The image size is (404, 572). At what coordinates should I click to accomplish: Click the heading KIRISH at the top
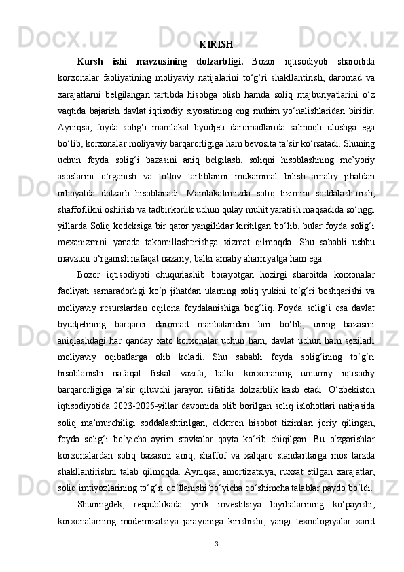(217, 45)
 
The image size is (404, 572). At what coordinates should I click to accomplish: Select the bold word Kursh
(91, 62)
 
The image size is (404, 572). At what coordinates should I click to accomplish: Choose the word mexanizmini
(100, 224)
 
